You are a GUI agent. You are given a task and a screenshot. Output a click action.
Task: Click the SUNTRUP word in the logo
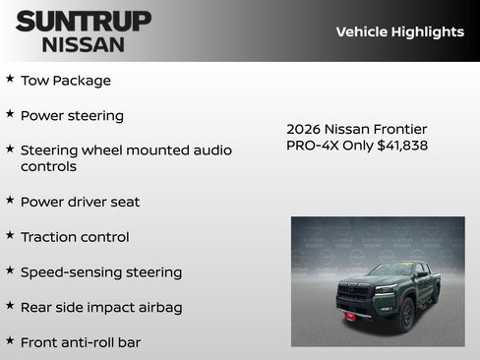click(84, 21)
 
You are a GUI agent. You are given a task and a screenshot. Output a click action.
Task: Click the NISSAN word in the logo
click(84, 43)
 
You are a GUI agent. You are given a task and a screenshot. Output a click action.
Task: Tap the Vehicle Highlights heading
click(399, 31)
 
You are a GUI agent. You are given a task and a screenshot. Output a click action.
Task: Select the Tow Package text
click(66, 81)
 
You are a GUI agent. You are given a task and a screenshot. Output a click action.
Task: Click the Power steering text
click(72, 116)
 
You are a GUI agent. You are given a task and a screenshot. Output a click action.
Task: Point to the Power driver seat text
click(80, 202)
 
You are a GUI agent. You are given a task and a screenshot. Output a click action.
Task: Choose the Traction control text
click(75, 237)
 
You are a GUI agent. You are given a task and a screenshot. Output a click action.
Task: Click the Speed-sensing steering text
click(101, 272)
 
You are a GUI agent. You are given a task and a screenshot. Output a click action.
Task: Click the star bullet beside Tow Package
click(10, 78)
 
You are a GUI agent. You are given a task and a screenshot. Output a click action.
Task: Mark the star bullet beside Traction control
click(10, 234)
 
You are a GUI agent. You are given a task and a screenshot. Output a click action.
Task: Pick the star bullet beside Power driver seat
click(10, 199)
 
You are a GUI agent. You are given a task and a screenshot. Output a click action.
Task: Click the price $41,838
click(402, 146)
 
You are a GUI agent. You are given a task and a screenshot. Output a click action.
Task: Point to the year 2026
click(304, 129)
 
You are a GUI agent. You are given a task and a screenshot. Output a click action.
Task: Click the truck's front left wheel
click(406, 315)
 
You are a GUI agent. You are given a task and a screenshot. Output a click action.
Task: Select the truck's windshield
click(391, 270)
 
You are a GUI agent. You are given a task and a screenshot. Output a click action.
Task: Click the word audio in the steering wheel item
click(212, 150)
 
